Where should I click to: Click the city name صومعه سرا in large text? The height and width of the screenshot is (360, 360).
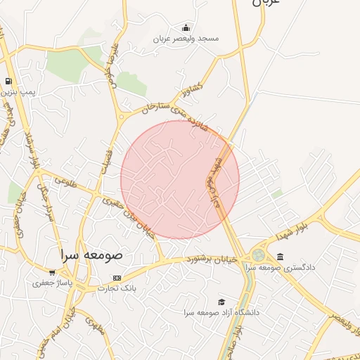click(x=91, y=255)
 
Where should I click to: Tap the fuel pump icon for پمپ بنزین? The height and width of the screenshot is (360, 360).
click(x=8, y=82)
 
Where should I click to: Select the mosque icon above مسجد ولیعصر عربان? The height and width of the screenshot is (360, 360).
click(x=186, y=27)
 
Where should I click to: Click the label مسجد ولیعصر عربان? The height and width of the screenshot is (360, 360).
click(x=186, y=38)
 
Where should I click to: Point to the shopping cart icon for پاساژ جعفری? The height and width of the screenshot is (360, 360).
click(x=52, y=273)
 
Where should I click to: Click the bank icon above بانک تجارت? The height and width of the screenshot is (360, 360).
click(x=116, y=278)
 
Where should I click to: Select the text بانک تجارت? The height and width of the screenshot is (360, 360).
click(x=116, y=288)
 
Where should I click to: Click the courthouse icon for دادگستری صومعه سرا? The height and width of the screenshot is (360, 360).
click(x=281, y=257)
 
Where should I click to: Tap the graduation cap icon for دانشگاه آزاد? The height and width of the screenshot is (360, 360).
click(x=221, y=302)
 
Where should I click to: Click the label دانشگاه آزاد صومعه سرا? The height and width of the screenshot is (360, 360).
click(x=221, y=311)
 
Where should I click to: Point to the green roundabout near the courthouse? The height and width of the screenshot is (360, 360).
click(x=259, y=255)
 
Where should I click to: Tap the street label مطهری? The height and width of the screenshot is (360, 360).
click(x=63, y=181)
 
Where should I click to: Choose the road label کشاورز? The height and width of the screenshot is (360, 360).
click(x=191, y=91)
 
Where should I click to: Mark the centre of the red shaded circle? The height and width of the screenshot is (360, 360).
click(x=180, y=179)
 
